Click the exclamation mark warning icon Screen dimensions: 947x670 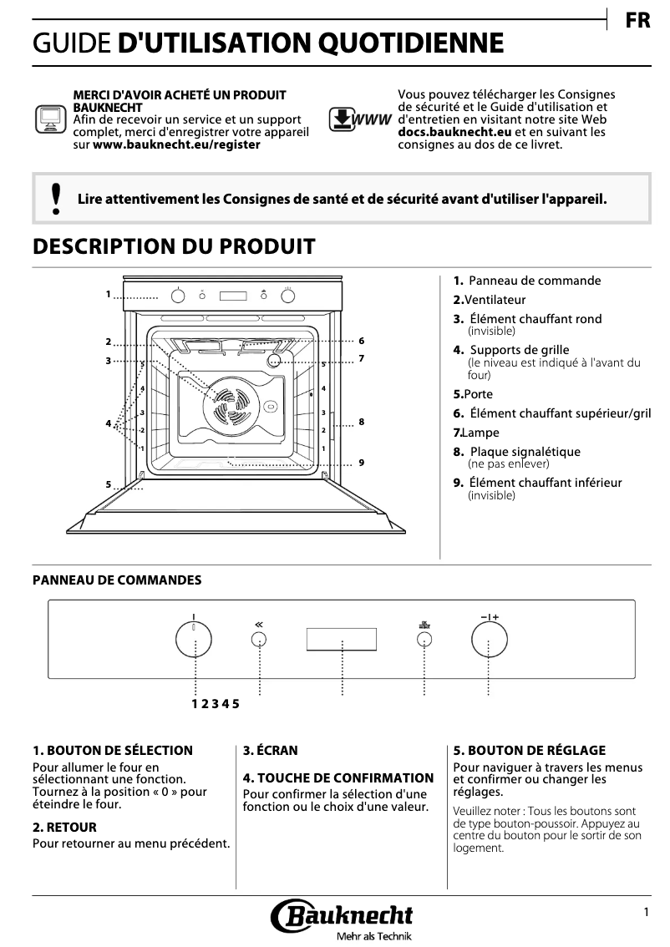56,200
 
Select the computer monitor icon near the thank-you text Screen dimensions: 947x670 50,119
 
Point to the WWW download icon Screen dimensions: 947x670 360,119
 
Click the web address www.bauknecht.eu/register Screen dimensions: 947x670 176,144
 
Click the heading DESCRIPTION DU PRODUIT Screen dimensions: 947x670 174,246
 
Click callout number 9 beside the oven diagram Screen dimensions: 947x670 362,463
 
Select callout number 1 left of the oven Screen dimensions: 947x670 109,294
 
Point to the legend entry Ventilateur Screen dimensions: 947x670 495,299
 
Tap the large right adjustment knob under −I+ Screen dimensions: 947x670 489,641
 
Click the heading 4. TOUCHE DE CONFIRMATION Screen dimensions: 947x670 338,777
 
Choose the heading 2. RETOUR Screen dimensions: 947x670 65,827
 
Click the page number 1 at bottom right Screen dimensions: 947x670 647,913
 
